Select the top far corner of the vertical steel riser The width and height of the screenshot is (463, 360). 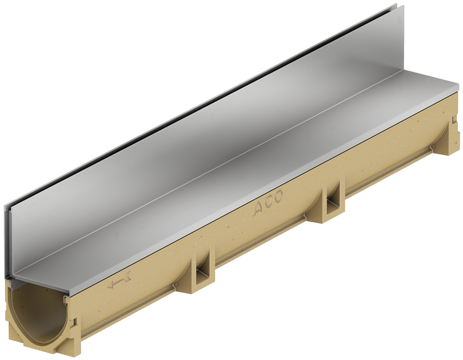395,5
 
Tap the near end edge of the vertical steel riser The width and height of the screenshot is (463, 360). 7,243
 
